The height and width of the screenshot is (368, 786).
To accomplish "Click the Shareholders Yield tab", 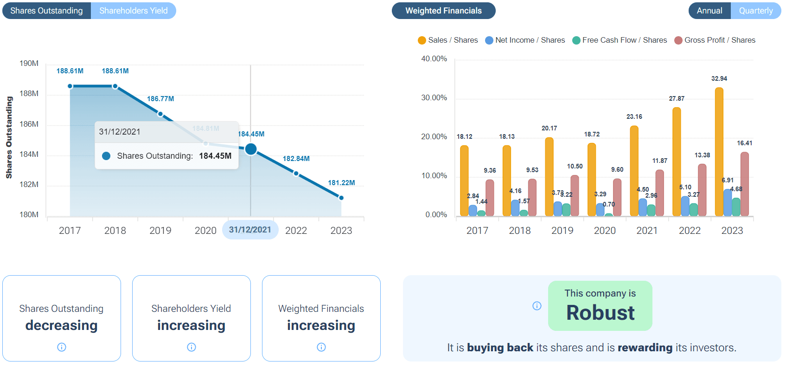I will click(x=134, y=11).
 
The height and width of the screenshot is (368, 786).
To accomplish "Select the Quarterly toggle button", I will click(x=755, y=11).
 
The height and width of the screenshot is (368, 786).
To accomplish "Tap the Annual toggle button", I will click(x=709, y=11).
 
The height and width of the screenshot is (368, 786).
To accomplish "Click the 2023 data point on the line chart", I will click(x=341, y=198).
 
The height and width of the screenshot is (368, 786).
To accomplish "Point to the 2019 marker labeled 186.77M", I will click(x=160, y=114).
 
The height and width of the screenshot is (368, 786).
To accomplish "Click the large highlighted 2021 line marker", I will click(x=250, y=149).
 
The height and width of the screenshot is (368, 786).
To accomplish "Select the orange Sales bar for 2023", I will click(x=719, y=153).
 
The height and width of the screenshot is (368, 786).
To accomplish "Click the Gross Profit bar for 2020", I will click(x=617, y=198).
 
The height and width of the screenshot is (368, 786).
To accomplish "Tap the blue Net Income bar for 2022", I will click(x=685, y=207).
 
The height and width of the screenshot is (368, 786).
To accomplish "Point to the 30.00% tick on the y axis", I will click(x=434, y=98).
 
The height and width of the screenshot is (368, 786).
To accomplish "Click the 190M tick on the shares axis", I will click(x=29, y=64).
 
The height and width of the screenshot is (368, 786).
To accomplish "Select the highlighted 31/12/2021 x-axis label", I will click(x=250, y=230).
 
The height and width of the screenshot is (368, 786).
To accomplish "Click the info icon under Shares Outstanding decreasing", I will click(x=62, y=347).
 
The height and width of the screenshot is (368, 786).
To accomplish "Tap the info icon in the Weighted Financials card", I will click(x=321, y=347).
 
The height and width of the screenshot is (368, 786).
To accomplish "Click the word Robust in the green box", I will click(x=600, y=313).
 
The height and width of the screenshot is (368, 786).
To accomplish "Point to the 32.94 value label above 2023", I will click(x=719, y=79).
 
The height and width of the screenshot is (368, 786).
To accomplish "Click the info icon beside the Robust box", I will click(x=537, y=306).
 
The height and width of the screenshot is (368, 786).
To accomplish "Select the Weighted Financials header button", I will click(x=443, y=11).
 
